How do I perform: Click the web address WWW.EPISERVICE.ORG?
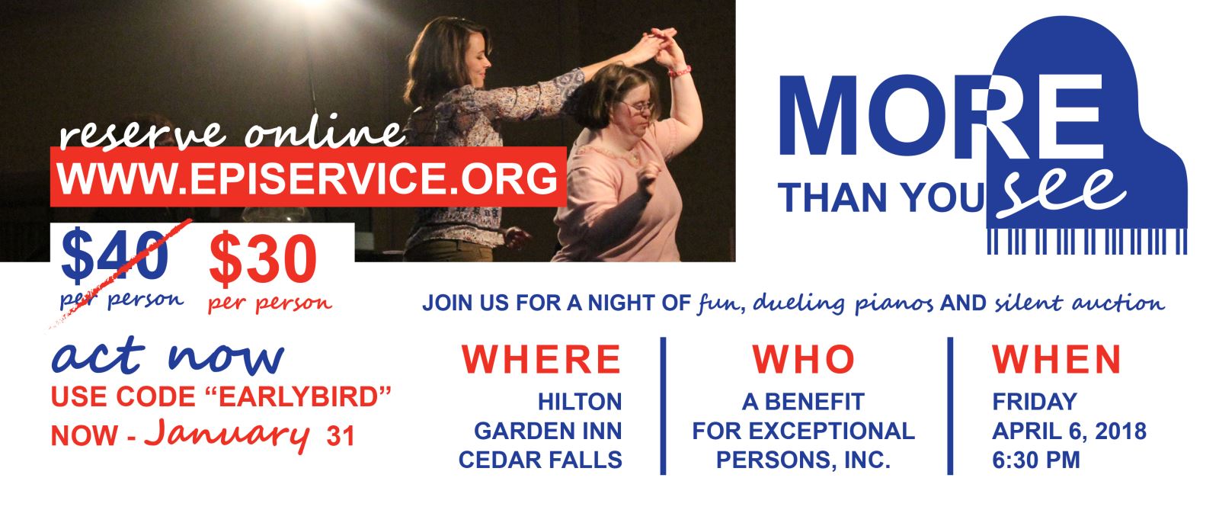(x=308, y=178)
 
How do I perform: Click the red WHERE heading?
(x=541, y=360)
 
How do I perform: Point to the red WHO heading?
(x=803, y=360)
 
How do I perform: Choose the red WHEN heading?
(x=1056, y=360)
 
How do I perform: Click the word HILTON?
(x=580, y=403)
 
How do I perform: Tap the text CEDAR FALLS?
(x=540, y=460)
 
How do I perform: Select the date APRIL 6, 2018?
(x=1069, y=431)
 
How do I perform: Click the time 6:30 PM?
(x=1035, y=460)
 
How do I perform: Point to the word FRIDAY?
(x=1034, y=403)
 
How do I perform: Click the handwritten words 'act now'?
(x=168, y=357)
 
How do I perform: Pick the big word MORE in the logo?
(x=942, y=115)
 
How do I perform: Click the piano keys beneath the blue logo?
(x=1086, y=241)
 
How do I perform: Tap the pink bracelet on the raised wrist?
(x=680, y=71)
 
